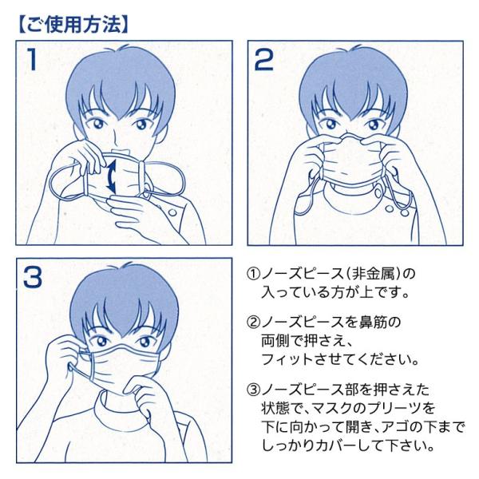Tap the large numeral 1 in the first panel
coord(32,60)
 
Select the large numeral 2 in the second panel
coord(264,60)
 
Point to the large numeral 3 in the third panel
coord(33,277)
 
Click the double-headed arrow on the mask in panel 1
coord(111,176)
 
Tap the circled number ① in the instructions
coord(253,274)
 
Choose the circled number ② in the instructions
coord(253,322)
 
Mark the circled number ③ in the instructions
coord(253,390)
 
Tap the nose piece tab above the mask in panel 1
coord(121,152)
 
